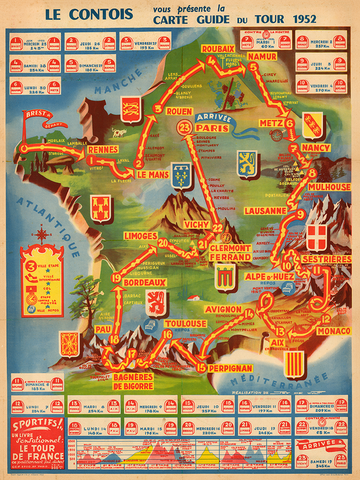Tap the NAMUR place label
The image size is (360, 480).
(x=261, y=57)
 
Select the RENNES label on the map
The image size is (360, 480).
(x=104, y=150)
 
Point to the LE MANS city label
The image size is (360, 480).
(x=153, y=174)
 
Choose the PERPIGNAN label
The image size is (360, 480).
(x=225, y=368)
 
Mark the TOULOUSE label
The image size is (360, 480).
(x=186, y=324)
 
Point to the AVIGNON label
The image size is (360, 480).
(x=226, y=308)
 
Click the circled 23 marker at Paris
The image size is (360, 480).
(x=183, y=130)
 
